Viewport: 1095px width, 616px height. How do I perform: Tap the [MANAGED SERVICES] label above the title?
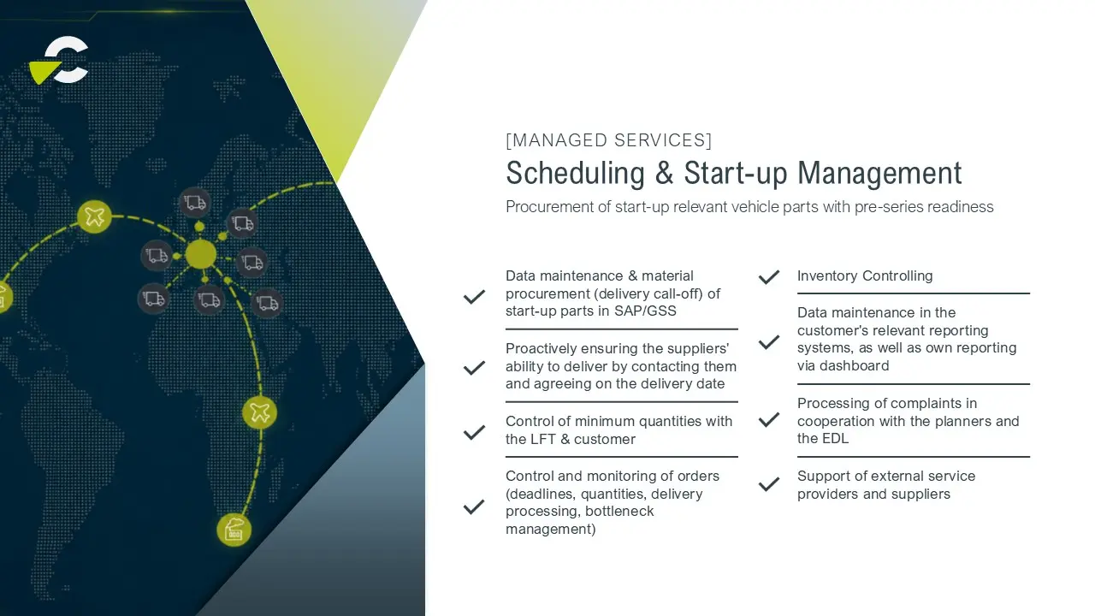(x=608, y=140)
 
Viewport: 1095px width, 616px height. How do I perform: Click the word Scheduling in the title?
(x=576, y=174)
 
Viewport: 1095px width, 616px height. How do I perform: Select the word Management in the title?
(x=879, y=174)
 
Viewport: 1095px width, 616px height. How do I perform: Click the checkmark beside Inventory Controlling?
(x=769, y=277)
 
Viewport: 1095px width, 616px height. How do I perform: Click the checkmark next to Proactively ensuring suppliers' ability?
(x=474, y=368)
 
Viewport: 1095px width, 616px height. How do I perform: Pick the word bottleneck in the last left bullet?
(x=619, y=511)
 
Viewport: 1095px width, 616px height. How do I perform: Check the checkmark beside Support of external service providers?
(x=769, y=484)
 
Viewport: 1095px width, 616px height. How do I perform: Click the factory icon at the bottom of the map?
(x=234, y=530)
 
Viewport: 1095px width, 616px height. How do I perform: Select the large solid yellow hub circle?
(x=200, y=254)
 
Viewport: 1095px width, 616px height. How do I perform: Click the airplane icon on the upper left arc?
(x=94, y=216)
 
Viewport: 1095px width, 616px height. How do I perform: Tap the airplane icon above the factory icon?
(x=259, y=412)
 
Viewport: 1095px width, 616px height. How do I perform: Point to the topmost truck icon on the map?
(x=195, y=203)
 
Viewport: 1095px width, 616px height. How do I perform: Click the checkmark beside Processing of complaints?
(x=769, y=420)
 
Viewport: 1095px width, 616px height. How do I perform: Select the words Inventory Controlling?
(x=865, y=276)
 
